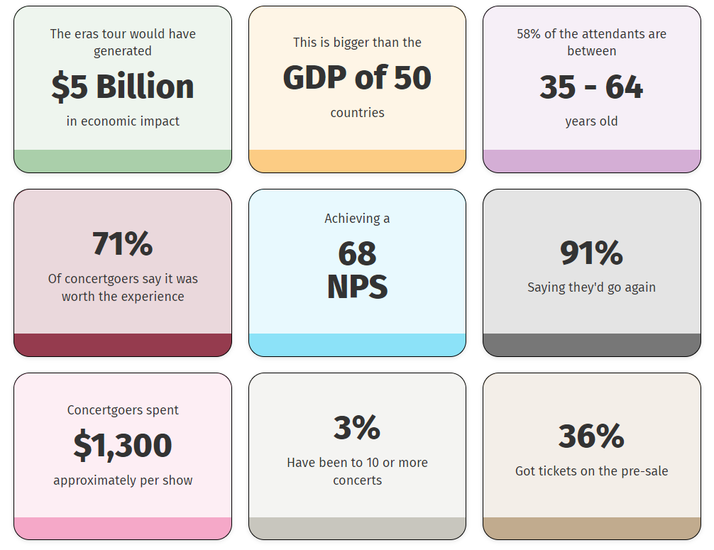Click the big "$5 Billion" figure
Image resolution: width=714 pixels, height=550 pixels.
pos(123,87)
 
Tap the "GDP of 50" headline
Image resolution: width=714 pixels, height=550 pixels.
pos(357,78)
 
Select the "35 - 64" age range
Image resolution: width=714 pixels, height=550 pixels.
pos(591,87)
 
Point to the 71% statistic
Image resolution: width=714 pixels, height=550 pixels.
pos(123,244)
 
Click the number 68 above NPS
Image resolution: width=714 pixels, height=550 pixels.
pos(357,253)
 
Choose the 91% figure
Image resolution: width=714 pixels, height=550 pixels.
pos(591,253)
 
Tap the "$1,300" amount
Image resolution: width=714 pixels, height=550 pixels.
pos(123,446)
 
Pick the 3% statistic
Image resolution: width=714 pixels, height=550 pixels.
pos(357,428)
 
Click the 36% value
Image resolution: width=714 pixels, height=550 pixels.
pos(591,436)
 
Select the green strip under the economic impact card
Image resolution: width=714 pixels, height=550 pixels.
pos(123,161)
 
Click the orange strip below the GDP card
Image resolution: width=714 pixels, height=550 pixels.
pos(357,161)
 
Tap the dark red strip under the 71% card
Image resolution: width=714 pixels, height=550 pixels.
pos(123,345)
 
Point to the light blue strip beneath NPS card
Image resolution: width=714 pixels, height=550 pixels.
pos(357,345)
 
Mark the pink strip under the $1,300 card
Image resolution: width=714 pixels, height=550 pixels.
pos(123,529)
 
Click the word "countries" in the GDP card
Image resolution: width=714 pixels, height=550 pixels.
pos(357,113)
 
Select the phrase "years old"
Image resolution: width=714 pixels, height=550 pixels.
pos(591,121)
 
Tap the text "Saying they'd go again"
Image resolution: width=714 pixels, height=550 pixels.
pos(591,287)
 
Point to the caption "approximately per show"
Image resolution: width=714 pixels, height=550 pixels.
pos(123,480)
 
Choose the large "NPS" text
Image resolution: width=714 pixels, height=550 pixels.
pos(357,287)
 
